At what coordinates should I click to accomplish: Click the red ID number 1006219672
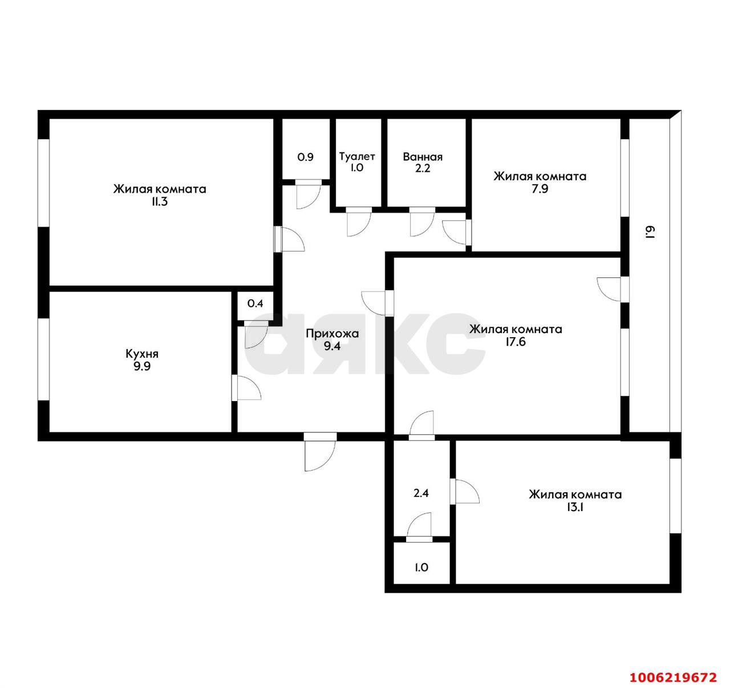(672, 677)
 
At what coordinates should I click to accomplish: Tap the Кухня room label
(142, 354)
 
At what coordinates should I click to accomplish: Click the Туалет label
(357, 156)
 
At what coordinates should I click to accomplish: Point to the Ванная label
(423, 157)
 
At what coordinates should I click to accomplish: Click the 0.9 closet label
(306, 157)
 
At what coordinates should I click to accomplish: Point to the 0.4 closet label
(255, 303)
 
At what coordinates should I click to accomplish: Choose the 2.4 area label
(421, 493)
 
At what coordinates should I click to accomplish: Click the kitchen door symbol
(246, 388)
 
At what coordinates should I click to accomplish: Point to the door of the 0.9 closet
(309, 194)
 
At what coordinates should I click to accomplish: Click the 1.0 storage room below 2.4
(421, 568)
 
